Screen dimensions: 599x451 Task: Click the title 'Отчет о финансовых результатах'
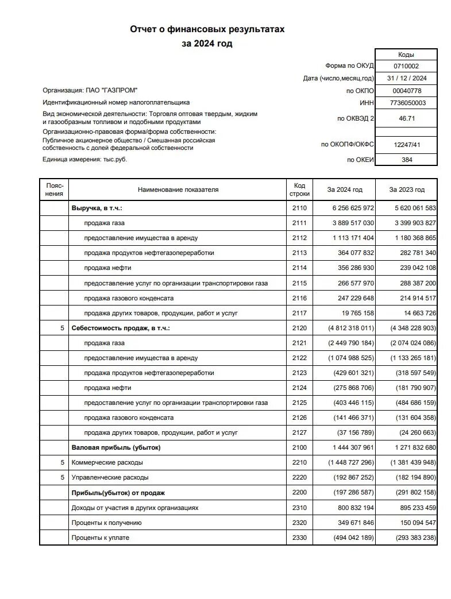(x=207, y=29)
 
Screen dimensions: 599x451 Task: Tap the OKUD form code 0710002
(x=406, y=66)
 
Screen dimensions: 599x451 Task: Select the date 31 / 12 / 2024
(x=406, y=79)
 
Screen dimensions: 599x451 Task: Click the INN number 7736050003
(x=406, y=103)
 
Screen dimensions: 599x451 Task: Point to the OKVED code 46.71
(x=406, y=119)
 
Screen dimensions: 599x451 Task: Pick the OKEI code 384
(x=406, y=160)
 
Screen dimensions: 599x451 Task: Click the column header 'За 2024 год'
(x=345, y=190)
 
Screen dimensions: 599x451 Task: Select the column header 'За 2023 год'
(x=407, y=190)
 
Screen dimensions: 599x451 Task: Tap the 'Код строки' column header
(x=299, y=190)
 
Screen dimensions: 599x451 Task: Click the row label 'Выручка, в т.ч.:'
(x=97, y=208)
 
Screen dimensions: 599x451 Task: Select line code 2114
(x=299, y=268)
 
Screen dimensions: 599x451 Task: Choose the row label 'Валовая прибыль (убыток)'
(x=115, y=447)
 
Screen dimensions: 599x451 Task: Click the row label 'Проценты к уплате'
(x=100, y=538)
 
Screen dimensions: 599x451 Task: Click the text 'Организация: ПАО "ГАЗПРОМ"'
(x=90, y=91)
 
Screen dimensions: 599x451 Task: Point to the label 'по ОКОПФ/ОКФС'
(x=347, y=144)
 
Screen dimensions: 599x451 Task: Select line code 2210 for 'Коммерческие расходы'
(x=299, y=462)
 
